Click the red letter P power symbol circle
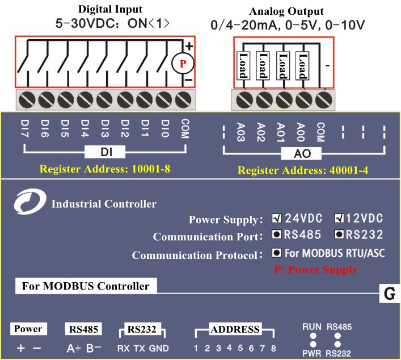[x=183, y=64]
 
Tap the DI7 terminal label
[x=25, y=128]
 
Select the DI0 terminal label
[x=164, y=128]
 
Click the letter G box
[x=390, y=294]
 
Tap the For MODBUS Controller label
[x=86, y=286]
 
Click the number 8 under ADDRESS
[x=273, y=348]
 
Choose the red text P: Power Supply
[x=315, y=270]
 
